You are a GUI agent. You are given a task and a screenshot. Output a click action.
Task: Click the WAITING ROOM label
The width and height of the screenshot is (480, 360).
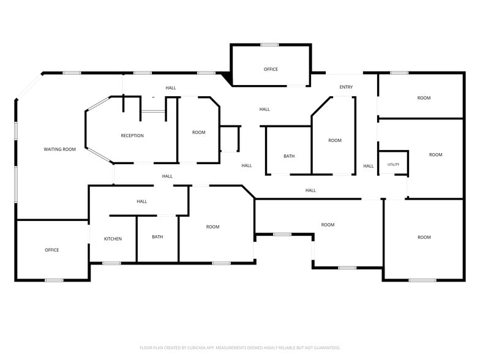click(x=60, y=149)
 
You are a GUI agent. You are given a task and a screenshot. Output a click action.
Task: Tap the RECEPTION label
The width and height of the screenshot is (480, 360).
click(x=132, y=136)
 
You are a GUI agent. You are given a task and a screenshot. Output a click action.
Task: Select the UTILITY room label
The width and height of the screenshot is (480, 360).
click(x=393, y=164)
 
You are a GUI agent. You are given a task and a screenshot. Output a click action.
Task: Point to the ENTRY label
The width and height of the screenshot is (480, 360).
click(x=347, y=87)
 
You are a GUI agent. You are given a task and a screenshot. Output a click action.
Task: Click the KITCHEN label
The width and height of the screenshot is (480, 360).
click(x=113, y=239)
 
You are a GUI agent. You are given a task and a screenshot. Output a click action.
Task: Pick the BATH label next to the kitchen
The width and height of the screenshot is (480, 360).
click(x=157, y=236)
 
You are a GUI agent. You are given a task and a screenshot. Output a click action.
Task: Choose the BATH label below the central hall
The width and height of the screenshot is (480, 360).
click(x=289, y=156)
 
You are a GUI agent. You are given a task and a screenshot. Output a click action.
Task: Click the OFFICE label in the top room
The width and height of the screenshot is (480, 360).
click(x=271, y=70)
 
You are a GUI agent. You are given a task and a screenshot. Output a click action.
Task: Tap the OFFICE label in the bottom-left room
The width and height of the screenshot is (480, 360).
click(x=52, y=250)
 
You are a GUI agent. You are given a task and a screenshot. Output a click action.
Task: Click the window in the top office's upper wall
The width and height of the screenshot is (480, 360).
click(x=269, y=45)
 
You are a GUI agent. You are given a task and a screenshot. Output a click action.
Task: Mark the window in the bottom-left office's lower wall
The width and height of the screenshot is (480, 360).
click(x=54, y=280)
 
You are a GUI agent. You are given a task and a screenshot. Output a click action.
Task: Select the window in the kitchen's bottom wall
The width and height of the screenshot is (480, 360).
click(x=111, y=263)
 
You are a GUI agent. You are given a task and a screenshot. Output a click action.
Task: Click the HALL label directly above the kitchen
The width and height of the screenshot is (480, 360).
click(x=142, y=201)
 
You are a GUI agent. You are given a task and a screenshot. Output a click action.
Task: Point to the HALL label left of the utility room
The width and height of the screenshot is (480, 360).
click(x=369, y=166)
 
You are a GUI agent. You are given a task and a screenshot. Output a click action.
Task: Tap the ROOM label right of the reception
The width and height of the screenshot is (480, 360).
click(x=198, y=132)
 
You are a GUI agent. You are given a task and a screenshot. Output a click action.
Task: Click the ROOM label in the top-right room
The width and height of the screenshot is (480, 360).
click(x=424, y=98)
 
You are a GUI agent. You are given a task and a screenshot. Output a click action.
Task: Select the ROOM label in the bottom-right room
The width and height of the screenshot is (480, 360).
click(x=424, y=238)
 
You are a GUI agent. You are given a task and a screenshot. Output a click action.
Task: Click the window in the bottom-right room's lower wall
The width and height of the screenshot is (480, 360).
click(x=422, y=280)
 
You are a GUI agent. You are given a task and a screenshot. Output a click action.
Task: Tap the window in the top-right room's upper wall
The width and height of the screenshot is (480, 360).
click(x=399, y=73)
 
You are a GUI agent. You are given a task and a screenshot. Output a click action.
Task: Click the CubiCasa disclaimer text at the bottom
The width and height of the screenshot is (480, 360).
click(x=240, y=348)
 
